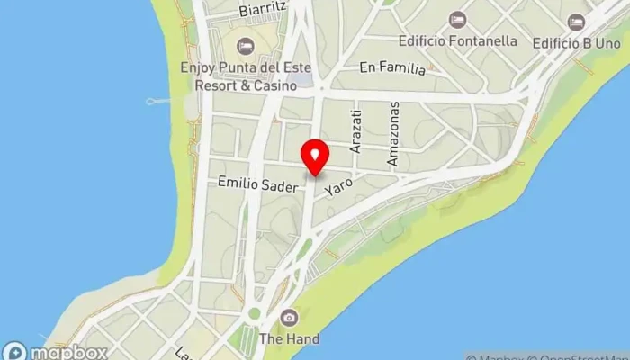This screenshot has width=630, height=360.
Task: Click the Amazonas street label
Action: point(392,133)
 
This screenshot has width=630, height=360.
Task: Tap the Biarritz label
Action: point(263,10)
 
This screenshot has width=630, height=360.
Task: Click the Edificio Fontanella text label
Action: point(457,40)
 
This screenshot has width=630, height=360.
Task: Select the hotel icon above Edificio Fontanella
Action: point(457,20)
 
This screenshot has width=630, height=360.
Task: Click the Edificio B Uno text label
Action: point(576,41)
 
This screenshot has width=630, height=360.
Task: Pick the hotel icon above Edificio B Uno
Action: point(576,22)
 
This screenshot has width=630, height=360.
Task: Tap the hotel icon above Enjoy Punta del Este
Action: point(244,46)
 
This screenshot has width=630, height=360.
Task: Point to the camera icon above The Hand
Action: point(289,317)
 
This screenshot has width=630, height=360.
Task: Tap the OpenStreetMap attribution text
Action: point(576,354)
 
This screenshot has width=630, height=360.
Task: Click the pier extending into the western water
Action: point(159,101)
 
